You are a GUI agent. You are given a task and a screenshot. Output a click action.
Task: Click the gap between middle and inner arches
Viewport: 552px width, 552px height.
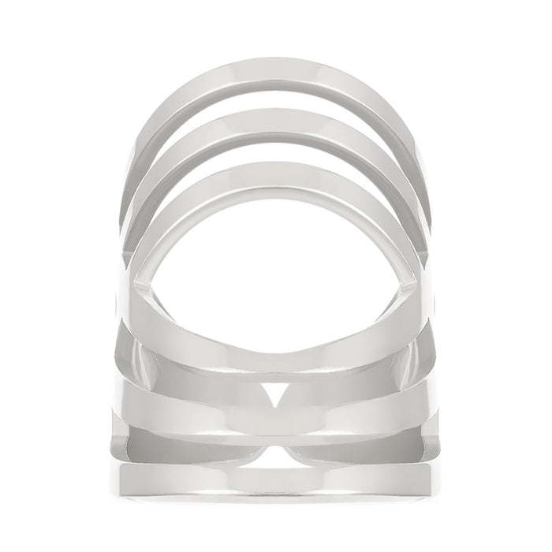[276, 151]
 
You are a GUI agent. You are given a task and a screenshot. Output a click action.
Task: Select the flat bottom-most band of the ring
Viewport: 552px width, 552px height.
[276, 479]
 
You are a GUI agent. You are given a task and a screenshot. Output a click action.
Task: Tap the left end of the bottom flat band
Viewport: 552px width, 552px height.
[130, 479]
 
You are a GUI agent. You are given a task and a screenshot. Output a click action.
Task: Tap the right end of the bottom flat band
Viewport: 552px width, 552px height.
[422, 479]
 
